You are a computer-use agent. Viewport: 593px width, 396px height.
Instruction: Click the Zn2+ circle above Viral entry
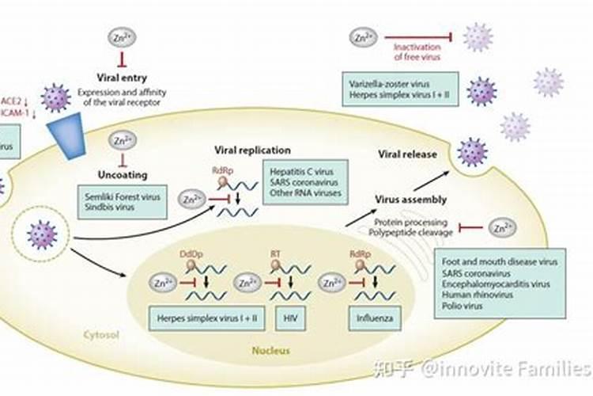coord(122,36)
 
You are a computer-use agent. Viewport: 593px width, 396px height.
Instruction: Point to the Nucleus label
coord(272,349)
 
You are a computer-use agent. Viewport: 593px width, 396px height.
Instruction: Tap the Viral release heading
coord(407,154)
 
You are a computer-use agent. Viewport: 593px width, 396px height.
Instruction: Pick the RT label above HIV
coord(276,254)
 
